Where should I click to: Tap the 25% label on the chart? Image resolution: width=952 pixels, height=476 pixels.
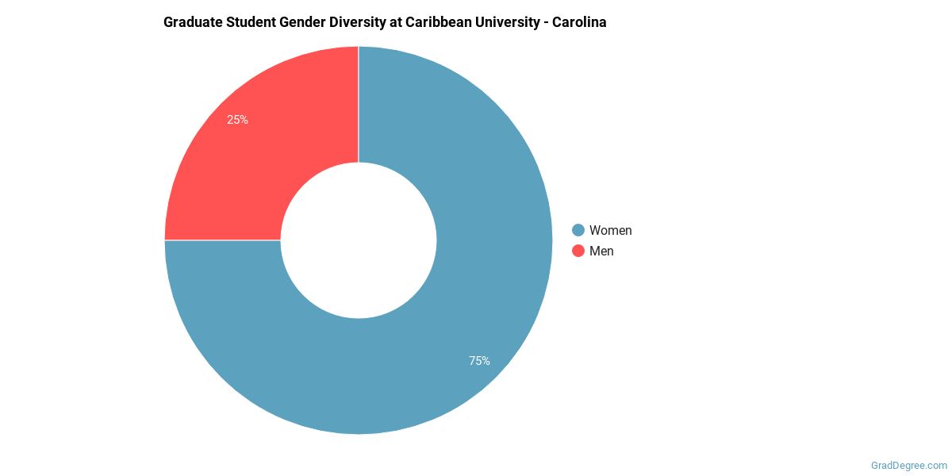click(x=237, y=120)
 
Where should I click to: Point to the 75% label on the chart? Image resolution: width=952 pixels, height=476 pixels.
click(x=479, y=361)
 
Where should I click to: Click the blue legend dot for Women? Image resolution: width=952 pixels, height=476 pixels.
click(x=578, y=230)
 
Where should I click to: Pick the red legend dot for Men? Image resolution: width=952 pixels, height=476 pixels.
click(x=578, y=251)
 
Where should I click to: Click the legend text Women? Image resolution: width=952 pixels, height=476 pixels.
click(x=610, y=230)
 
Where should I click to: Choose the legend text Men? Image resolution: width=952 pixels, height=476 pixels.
click(x=601, y=251)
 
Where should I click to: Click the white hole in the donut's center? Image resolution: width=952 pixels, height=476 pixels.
click(x=359, y=240)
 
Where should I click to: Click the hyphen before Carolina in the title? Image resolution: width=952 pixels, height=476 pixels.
click(x=547, y=22)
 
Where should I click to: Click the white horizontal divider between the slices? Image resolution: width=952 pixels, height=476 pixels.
click(x=222, y=240)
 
